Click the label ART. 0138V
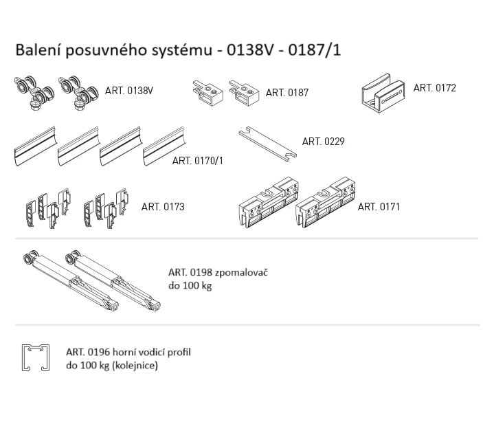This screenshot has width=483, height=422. click(x=129, y=90)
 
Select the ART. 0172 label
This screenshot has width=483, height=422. click(x=434, y=88)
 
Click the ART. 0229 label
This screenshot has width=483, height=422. click(x=323, y=142)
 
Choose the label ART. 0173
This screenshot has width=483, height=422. click(x=163, y=206)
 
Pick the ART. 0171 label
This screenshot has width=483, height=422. click(x=379, y=206)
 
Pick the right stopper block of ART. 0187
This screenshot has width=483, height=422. click(x=244, y=93)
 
